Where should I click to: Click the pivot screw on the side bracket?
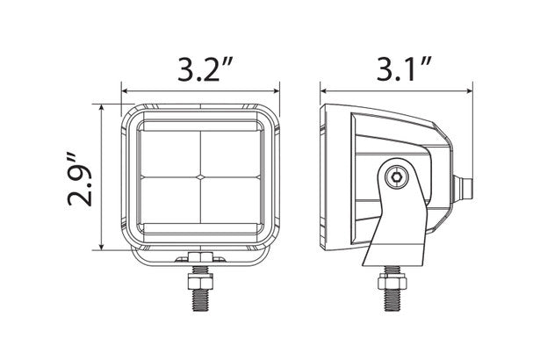point(398,176)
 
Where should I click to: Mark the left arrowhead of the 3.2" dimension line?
point(126,89)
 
